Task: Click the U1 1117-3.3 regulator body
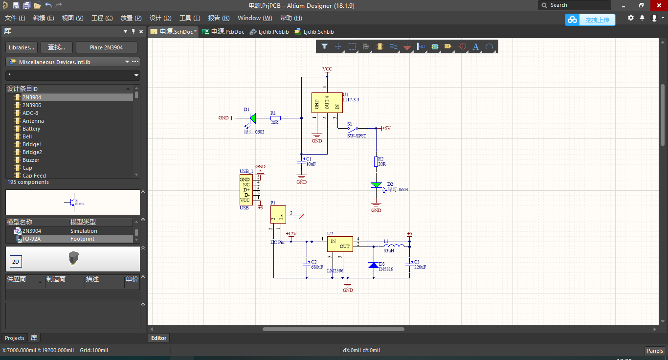(x=327, y=103)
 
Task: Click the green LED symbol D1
(x=253, y=118)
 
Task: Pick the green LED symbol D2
(x=376, y=185)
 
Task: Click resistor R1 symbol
(x=275, y=118)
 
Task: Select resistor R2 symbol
(x=376, y=161)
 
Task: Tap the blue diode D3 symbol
(x=373, y=265)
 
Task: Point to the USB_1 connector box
(x=246, y=190)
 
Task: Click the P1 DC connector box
(x=278, y=214)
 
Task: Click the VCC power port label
(x=327, y=69)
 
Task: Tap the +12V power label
(x=291, y=234)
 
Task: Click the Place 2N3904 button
(x=106, y=47)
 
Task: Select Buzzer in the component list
(x=31, y=160)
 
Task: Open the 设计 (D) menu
(x=160, y=18)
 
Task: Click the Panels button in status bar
(x=655, y=350)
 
